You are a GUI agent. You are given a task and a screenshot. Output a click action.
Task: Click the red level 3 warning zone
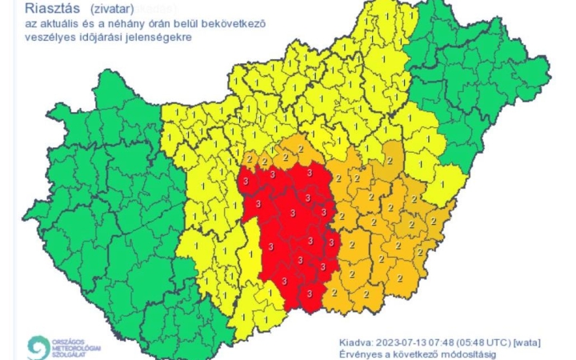(292, 232)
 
